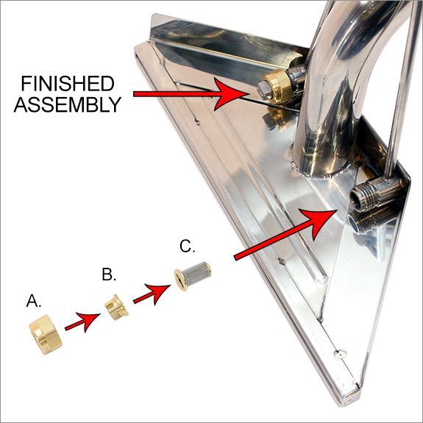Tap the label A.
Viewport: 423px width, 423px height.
click(x=35, y=300)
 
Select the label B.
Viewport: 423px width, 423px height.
click(x=110, y=275)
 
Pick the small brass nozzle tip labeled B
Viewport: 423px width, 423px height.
click(x=115, y=306)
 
